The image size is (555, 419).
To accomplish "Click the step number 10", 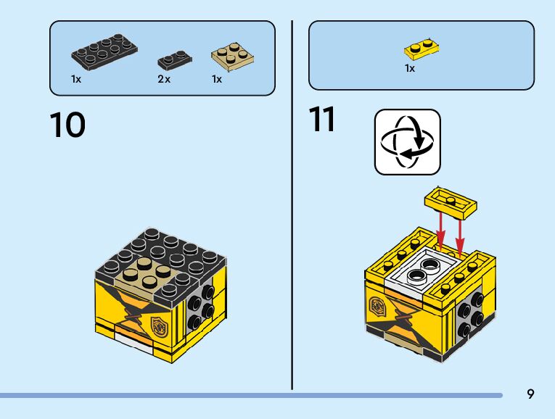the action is click(67, 125).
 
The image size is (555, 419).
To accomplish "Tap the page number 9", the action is click(531, 394).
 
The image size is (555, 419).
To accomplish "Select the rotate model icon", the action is click(407, 142).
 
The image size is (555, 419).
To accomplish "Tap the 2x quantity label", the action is click(164, 79).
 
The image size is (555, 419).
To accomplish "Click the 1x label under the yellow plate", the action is click(410, 68).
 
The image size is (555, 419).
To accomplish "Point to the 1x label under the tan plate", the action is click(217, 79).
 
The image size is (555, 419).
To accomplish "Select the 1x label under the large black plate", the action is click(76, 79).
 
